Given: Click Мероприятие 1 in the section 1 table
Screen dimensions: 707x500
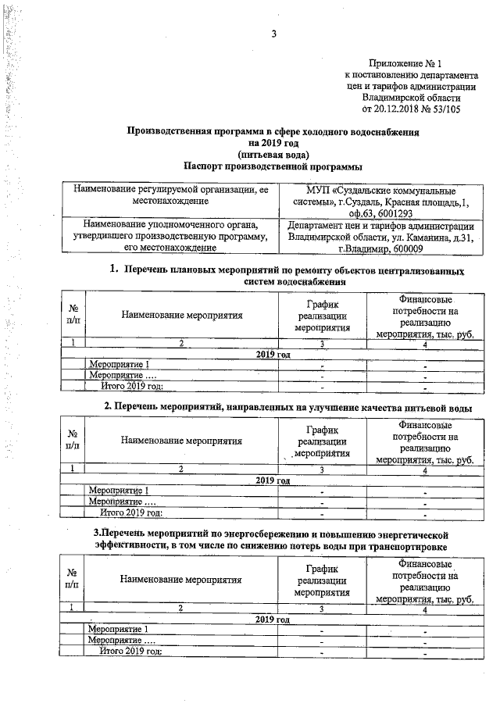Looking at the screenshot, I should click(119, 365).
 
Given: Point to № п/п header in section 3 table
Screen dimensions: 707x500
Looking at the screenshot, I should click(72, 579).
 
